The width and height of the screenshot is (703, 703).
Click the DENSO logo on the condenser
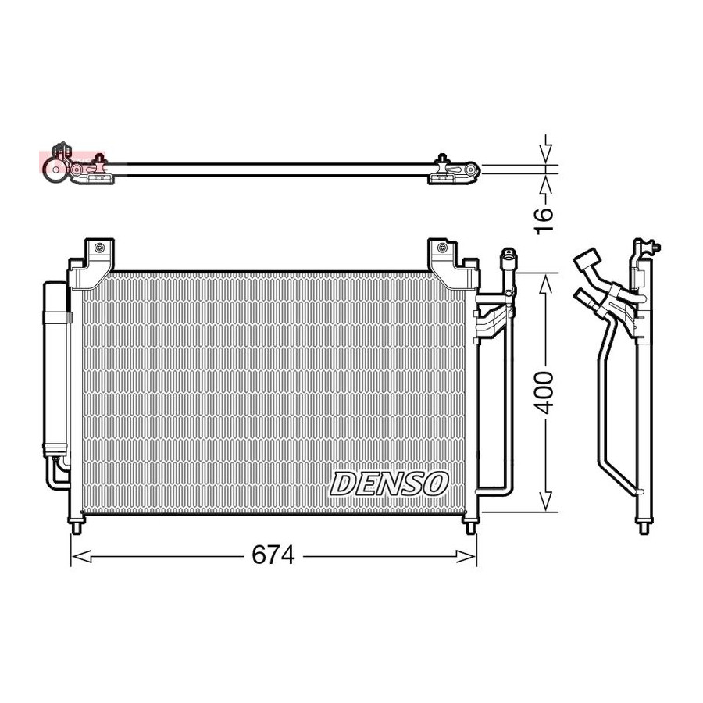click(389, 484)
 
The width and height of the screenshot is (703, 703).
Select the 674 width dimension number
click(273, 555)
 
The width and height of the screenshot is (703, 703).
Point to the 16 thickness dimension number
click(544, 219)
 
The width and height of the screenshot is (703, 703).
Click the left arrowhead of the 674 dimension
click(82, 556)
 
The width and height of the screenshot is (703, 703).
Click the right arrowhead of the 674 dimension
click(466, 556)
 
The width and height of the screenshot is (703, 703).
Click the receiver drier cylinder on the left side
click(56, 370)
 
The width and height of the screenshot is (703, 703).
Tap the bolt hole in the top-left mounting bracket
click(99, 247)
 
